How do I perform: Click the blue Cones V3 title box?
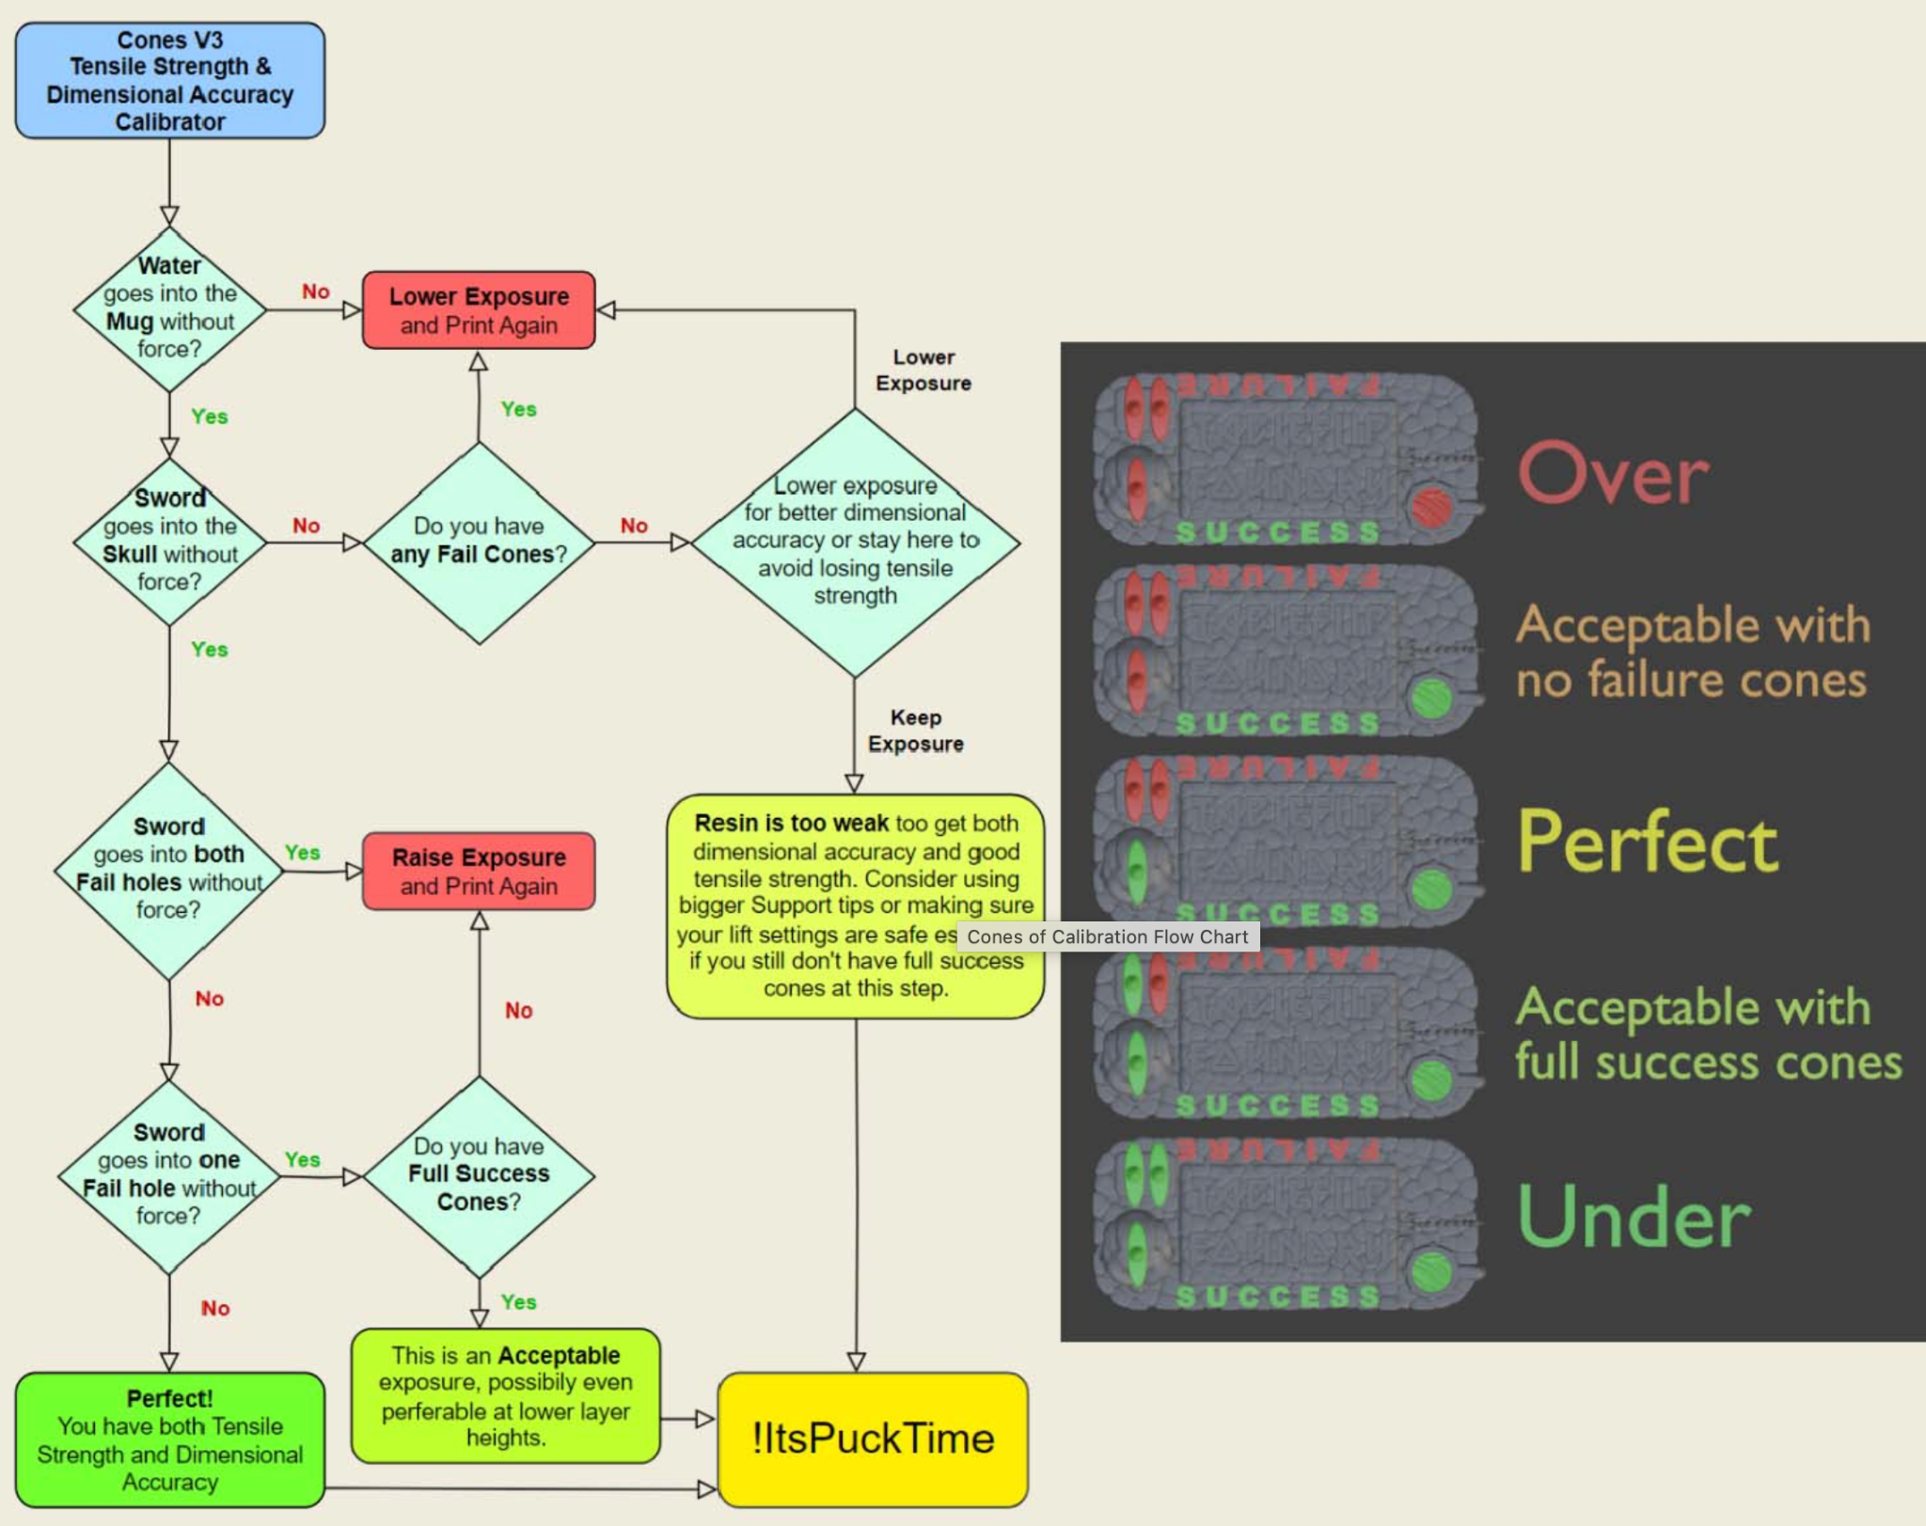pos(169,81)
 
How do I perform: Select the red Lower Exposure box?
pos(479,310)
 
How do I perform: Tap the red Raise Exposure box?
pos(479,871)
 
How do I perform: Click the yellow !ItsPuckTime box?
pos(873,1439)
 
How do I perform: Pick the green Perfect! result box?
pos(169,1439)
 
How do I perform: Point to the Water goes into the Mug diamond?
pos(169,308)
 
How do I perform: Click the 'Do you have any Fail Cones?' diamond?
pos(479,542)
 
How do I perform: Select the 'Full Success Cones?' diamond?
pos(479,1175)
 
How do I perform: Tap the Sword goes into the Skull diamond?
pos(169,542)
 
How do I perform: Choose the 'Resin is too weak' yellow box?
pos(855,905)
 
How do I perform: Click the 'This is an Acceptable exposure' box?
pos(505,1395)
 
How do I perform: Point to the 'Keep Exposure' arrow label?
pos(915,731)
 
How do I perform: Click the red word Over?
pos(1613,474)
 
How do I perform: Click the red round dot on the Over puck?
pos(1431,508)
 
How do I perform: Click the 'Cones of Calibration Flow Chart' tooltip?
pos(1107,936)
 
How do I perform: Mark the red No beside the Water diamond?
pos(316,291)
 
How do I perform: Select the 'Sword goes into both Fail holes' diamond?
pos(169,869)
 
